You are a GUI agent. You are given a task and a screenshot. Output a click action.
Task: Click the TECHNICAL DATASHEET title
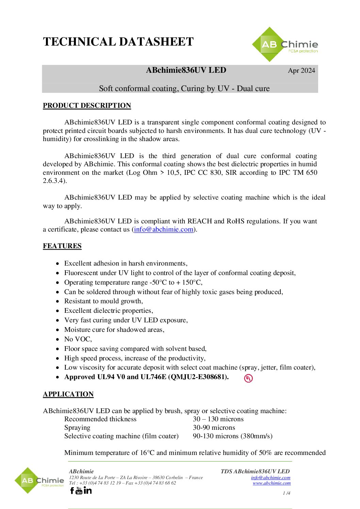click(118, 42)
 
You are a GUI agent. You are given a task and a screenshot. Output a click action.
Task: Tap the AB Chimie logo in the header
click(285, 45)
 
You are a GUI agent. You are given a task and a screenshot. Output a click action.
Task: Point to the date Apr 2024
click(301, 71)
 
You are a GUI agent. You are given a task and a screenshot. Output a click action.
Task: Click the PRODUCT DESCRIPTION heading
click(87, 106)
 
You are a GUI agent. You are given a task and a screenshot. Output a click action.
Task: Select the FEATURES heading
click(62, 246)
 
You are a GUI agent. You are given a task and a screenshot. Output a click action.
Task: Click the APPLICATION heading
click(68, 394)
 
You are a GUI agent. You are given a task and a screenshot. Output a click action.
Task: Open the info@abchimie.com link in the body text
click(164, 230)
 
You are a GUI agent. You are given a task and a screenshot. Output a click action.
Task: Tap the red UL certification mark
click(248, 378)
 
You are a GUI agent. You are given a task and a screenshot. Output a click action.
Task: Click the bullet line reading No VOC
click(78, 339)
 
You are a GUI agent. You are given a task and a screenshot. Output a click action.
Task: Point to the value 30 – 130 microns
click(218, 419)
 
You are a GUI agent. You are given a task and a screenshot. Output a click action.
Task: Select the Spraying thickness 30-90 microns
click(214, 428)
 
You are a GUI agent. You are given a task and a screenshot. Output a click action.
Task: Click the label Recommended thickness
click(100, 419)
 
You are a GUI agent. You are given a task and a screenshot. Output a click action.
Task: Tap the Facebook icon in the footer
click(72, 490)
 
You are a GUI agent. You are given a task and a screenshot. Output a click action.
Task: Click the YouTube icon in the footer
click(79, 490)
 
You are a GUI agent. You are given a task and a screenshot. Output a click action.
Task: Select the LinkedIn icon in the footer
click(87, 490)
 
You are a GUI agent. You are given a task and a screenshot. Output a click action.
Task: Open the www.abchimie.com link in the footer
click(272, 483)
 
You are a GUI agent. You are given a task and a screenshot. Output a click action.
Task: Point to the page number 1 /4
click(287, 493)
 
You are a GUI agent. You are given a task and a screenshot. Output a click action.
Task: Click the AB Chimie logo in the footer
click(39, 480)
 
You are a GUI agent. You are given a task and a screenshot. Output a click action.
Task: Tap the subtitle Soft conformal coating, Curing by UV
click(184, 89)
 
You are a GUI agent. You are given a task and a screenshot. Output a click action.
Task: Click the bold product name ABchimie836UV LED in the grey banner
click(186, 70)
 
